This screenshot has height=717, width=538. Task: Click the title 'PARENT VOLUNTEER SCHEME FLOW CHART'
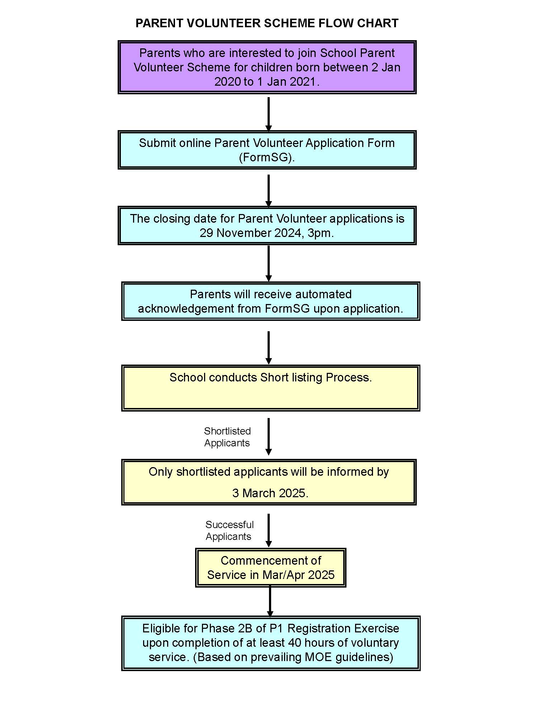(x=267, y=23)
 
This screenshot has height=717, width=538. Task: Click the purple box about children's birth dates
(x=267, y=67)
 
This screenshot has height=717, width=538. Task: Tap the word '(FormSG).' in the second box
(x=267, y=157)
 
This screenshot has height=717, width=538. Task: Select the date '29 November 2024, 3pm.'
(x=267, y=233)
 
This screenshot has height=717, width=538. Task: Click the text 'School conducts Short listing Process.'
(x=270, y=378)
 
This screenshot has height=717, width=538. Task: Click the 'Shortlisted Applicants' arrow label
(x=227, y=437)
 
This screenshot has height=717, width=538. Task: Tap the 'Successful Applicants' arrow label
(x=229, y=530)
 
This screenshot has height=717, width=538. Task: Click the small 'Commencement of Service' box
(x=270, y=568)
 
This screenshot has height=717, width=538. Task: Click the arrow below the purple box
(x=268, y=114)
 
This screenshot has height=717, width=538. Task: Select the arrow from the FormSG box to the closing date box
(x=268, y=190)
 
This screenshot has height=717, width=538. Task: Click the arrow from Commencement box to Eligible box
(x=270, y=601)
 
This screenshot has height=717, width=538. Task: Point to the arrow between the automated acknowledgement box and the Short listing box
(x=268, y=347)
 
